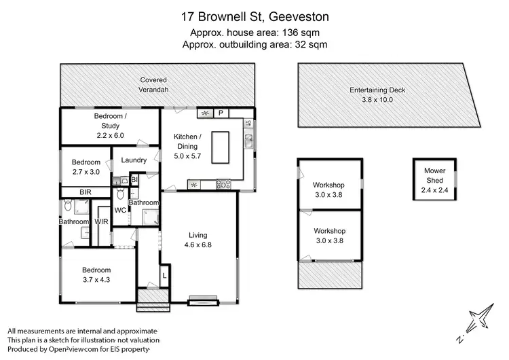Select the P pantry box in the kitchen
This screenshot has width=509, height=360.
221,113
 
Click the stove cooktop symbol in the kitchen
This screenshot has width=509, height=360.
223,183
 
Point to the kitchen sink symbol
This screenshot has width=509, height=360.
249,141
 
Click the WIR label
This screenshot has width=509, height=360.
102,221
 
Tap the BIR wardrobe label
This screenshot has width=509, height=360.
86,192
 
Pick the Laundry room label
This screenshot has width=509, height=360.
134,160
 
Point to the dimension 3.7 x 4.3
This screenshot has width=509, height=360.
96,279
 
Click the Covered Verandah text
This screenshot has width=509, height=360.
154,85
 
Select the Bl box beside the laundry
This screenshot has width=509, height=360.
134,179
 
